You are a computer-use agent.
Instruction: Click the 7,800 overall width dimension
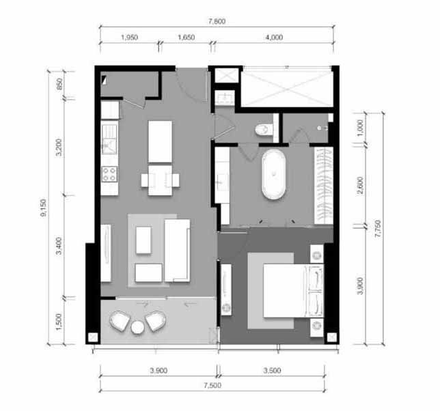click(217, 21)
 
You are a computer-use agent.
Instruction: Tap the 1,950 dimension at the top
click(129, 38)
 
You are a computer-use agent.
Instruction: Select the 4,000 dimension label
click(274, 38)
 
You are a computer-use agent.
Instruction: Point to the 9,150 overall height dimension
click(44, 208)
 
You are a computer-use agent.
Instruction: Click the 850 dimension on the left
click(59, 84)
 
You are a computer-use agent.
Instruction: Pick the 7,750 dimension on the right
click(378, 229)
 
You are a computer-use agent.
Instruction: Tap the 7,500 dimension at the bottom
click(212, 385)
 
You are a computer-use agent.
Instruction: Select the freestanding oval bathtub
click(273, 174)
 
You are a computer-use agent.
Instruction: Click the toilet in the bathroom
click(264, 129)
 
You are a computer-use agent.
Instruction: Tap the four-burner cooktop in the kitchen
click(109, 174)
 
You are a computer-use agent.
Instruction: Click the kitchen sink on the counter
click(109, 139)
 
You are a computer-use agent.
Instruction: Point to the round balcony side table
click(138, 327)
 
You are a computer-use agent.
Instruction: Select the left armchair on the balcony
click(120, 321)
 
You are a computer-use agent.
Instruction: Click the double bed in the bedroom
click(293, 291)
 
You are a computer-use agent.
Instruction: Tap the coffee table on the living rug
click(143, 240)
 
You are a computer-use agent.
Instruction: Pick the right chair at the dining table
click(175, 180)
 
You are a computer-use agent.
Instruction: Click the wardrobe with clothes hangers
click(324, 186)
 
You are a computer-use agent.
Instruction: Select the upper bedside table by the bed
click(317, 254)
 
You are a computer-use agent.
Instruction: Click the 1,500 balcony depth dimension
click(59, 322)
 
